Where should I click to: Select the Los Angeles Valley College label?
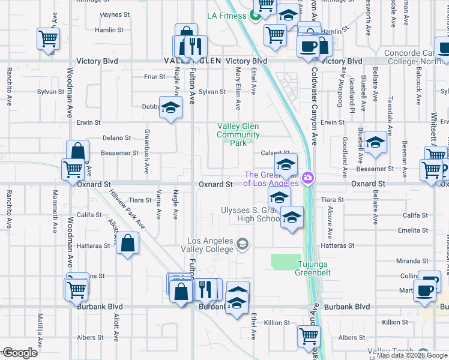tap(210, 245)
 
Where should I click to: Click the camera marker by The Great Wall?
tap(308, 176)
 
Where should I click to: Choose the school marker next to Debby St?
tap(171, 108)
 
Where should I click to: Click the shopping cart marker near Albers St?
tap(309, 336)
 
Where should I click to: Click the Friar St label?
tap(154, 77)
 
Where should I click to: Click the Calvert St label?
tap(275, 153)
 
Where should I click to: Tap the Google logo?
tap(19, 353)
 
